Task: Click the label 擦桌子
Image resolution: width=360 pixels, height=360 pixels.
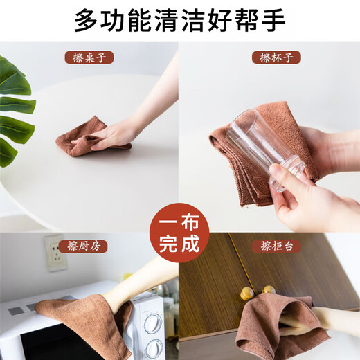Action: (x=89, y=57)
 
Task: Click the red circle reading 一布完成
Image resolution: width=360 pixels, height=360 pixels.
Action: (x=179, y=233)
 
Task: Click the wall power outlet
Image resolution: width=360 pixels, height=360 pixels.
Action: (x=56, y=253)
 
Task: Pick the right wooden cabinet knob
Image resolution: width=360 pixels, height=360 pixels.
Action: (x=269, y=289)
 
